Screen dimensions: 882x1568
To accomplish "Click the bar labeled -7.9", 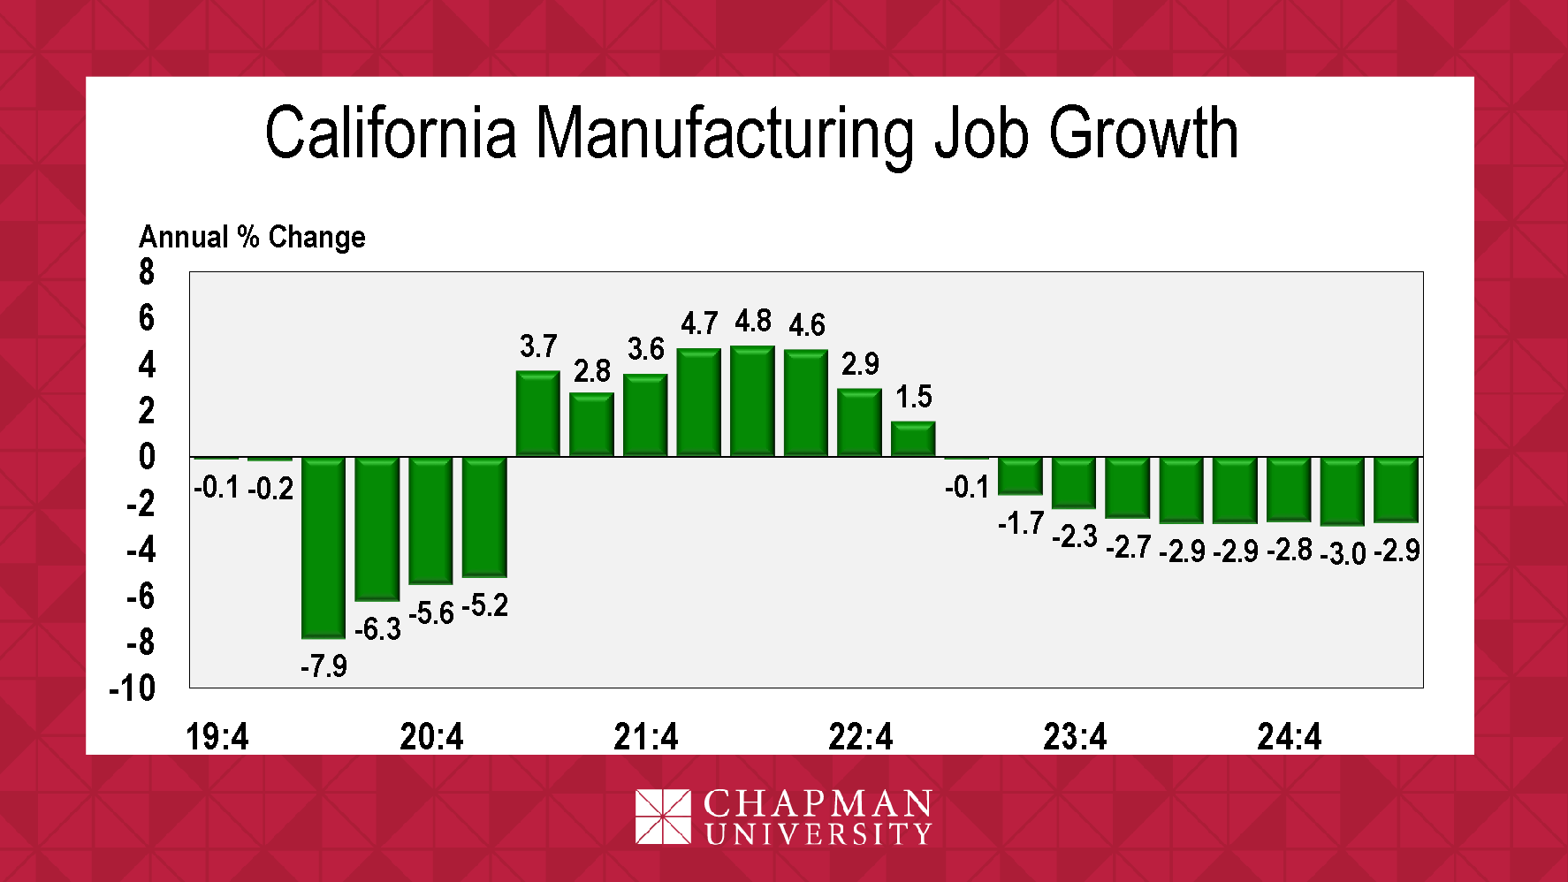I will point(323,547).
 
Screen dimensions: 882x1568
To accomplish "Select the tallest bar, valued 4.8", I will point(752,401).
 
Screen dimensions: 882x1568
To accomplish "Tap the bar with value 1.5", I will point(913,439).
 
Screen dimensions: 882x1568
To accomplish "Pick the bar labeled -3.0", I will point(1342,491).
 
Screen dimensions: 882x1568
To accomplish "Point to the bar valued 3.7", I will point(537,414).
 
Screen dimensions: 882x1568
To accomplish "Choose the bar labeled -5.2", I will point(484,517).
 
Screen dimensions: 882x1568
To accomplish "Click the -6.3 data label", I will point(377,629).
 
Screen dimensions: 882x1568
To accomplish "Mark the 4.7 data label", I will point(699,324).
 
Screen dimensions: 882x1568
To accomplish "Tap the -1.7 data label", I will point(1021,524).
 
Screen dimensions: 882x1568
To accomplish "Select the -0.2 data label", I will point(270,489).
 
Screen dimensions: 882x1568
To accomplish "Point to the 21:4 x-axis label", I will point(646,736).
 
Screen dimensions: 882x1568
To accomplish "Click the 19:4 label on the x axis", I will point(217,736).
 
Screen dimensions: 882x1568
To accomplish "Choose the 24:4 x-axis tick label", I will point(1289,736).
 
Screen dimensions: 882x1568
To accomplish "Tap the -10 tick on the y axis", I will point(133,688).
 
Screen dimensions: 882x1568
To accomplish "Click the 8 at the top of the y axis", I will point(147,272).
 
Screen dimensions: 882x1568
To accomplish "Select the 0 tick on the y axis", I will point(147,457).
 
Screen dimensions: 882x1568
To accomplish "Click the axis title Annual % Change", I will point(252,237).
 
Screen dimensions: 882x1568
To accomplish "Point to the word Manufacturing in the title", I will point(725,134).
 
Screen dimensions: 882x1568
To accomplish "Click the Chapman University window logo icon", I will point(663,817).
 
